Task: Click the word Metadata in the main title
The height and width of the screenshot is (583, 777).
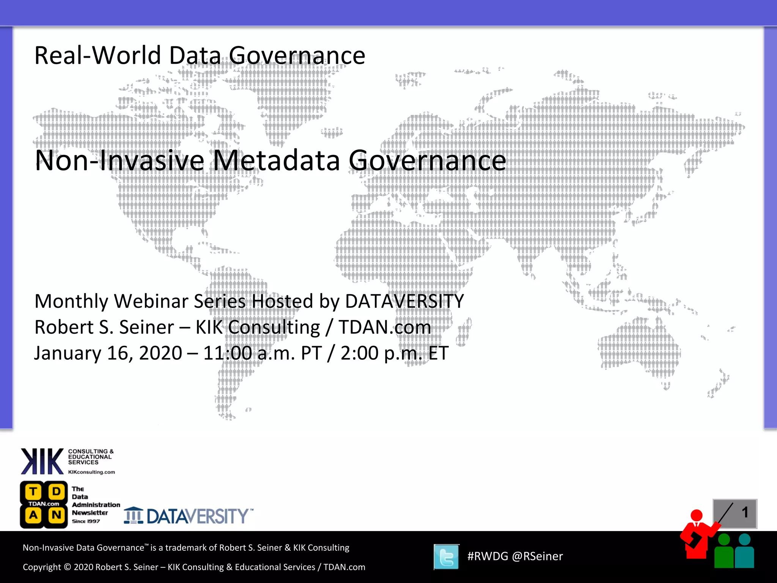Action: coord(276,161)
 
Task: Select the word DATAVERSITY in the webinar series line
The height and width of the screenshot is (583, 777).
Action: coord(404,301)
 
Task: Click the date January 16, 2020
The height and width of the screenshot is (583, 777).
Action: coord(108,353)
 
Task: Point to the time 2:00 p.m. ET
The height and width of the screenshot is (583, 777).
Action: coord(395,353)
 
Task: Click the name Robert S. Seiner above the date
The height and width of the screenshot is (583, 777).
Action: coord(104,328)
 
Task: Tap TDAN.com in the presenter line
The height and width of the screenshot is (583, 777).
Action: coord(385,328)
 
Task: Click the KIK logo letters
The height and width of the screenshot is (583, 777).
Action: coord(42,462)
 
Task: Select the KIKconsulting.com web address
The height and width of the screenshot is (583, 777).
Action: coord(91,472)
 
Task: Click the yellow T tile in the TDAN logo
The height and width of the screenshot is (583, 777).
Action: coord(33,492)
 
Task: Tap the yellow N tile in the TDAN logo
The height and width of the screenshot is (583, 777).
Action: coord(57,515)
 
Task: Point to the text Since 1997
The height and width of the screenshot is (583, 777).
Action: coord(86,522)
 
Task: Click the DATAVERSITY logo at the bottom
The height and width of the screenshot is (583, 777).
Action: coord(189,516)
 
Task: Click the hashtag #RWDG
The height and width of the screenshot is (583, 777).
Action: coord(487,556)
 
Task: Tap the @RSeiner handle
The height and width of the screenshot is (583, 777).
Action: coord(537,556)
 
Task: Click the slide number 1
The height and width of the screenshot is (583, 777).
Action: coord(745,512)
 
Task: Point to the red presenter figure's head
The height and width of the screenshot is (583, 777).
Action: coord(697,515)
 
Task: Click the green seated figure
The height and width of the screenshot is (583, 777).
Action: coord(724,552)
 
